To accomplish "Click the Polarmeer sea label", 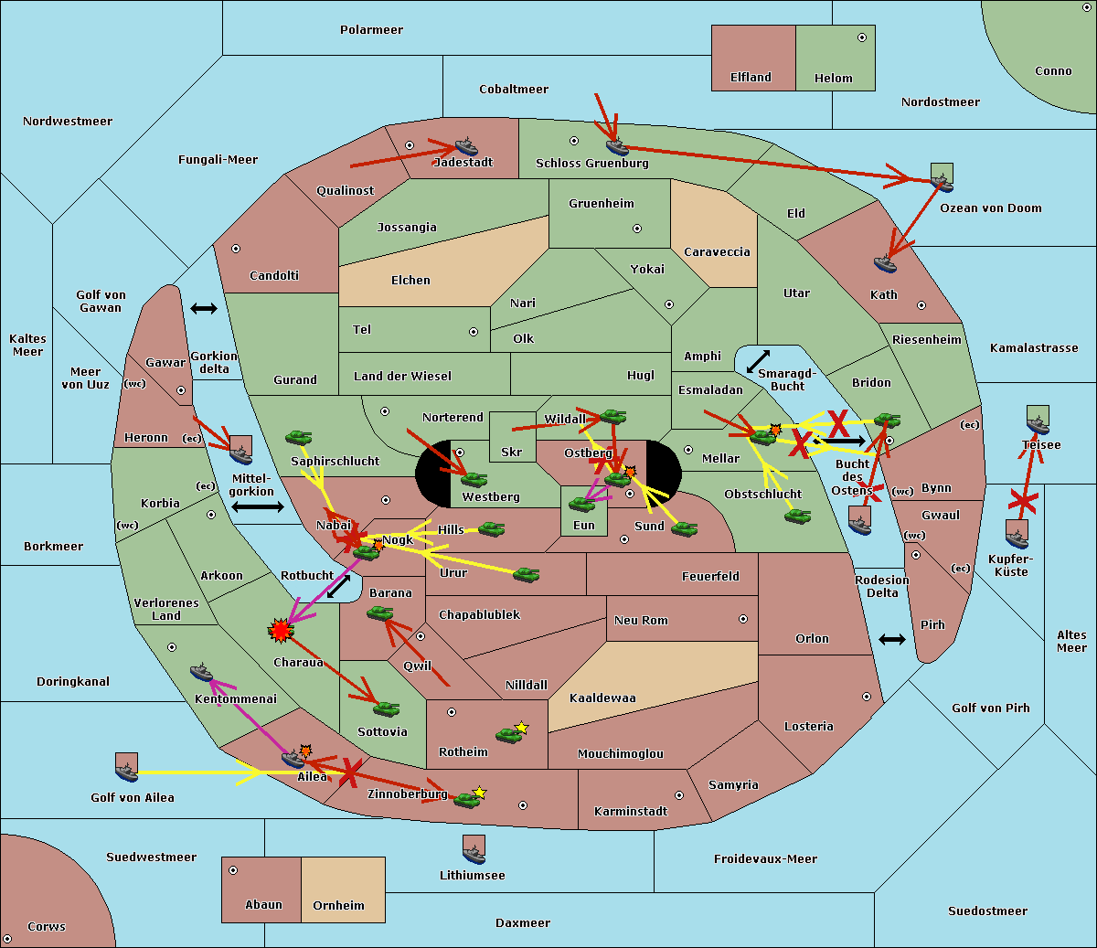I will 371,30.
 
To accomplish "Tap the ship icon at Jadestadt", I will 466,147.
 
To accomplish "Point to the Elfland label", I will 751,78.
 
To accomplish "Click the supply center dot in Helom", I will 861,37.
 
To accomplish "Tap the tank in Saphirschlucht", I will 299,438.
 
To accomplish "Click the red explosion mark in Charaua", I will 280,629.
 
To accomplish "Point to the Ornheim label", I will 338,905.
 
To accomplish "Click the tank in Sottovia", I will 386,708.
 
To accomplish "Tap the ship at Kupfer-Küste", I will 1017,535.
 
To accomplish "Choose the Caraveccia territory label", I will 717,252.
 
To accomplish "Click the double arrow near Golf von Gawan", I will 204,309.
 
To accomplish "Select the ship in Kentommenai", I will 202,673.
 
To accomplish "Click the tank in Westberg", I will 474,479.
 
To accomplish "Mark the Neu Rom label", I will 641,621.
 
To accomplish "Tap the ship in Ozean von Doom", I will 942,177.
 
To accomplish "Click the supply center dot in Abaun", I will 233,870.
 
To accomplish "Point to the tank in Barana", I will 380,613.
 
